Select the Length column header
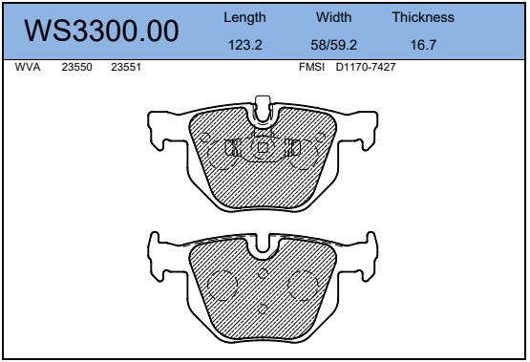[x=244, y=18]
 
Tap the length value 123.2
[x=244, y=44]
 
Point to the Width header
[x=334, y=18]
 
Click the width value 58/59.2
[x=334, y=44]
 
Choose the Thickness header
[x=422, y=18]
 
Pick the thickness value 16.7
[x=422, y=44]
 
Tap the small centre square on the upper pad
[x=264, y=147]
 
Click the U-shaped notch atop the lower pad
[x=264, y=247]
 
